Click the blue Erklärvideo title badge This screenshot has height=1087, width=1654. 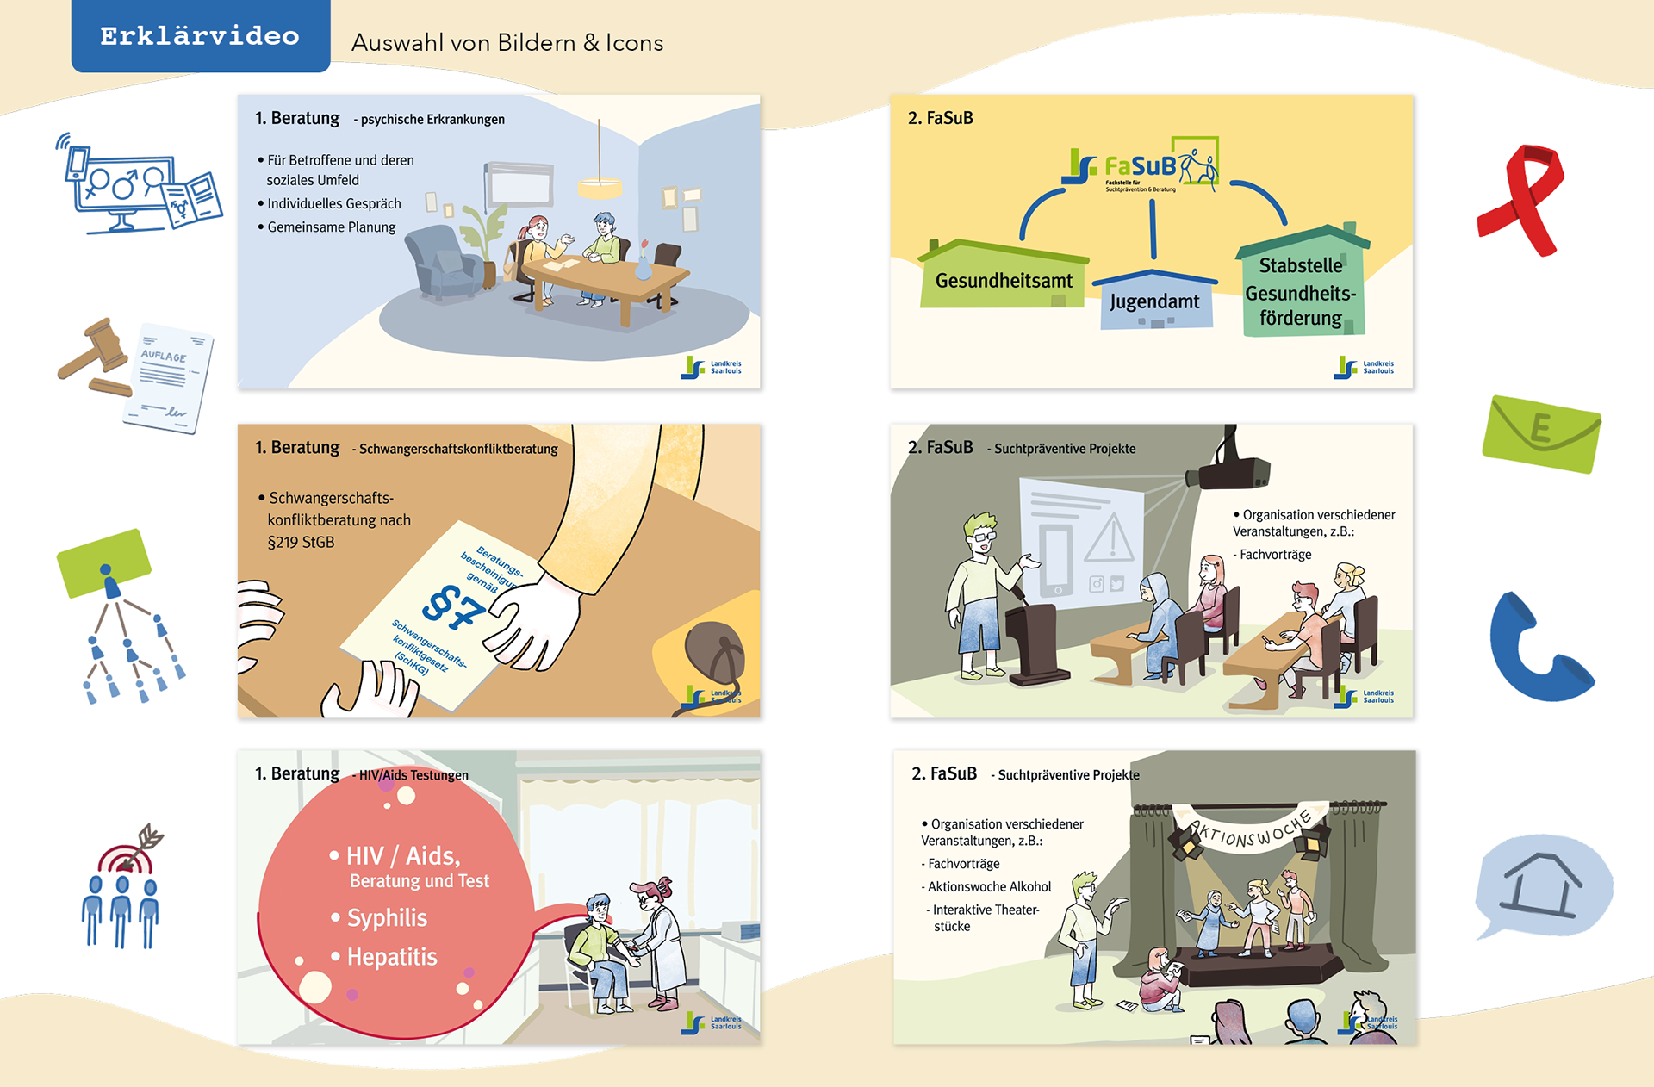click(200, 36)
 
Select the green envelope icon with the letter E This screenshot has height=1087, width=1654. click(1541, 432)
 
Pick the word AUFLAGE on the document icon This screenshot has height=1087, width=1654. click(164, 356)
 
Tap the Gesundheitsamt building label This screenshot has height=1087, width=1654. click(1004, 281)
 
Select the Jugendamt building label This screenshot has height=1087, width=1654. click(1154, 301)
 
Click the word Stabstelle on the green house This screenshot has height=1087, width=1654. click(1301, 265)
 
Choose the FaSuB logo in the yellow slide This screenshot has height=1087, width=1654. click(1142, 165)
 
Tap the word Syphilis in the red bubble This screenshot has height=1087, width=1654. click(388, 918)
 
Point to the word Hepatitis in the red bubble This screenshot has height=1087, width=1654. click(392, 957)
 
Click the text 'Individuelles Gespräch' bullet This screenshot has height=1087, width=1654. click(333, 204)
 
